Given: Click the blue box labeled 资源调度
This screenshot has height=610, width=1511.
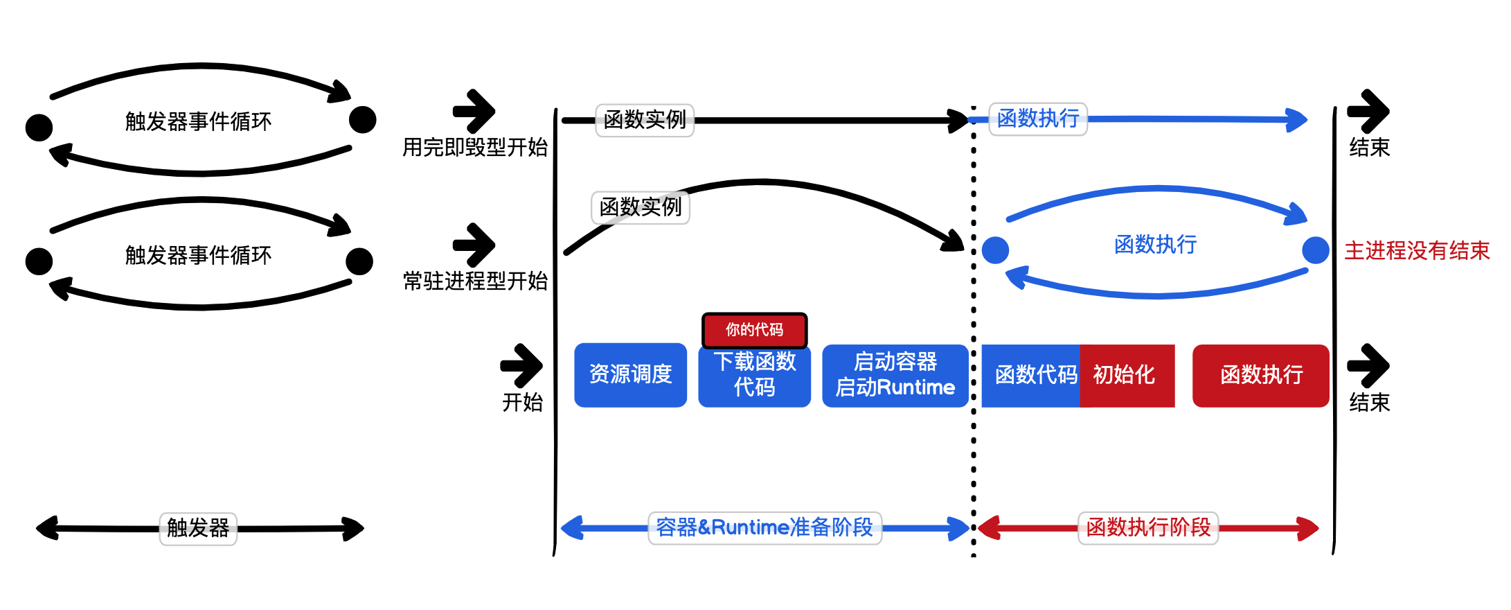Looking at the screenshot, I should coord(630,375).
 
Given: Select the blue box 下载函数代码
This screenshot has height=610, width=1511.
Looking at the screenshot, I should coord(754,375).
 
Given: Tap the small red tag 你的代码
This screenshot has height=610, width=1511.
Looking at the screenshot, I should coord(754,330).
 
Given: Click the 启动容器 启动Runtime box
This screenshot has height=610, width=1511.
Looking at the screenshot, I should coord(895,375).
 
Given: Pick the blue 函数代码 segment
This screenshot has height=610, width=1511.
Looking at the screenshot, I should coord(1031,375).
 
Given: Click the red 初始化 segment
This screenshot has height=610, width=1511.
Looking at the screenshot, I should coord(1127,375).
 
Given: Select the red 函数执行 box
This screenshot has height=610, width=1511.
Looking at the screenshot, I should coord(1260,375).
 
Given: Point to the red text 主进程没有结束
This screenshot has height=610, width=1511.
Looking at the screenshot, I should coord(1417,250).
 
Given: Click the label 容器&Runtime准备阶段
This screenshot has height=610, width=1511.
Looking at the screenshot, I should coord(765,528).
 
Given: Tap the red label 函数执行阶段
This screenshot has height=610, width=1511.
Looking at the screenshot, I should coord(1148,528).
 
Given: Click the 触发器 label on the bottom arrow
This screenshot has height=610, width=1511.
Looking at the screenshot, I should coord(198,528).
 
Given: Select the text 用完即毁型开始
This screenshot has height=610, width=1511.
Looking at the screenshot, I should coord(475,147).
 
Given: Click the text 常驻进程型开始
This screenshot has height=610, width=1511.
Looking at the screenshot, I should coord(475,281).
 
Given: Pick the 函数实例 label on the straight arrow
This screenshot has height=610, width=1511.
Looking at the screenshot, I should coord(645,120).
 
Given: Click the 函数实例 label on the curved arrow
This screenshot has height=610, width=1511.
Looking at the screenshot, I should coord(641,207).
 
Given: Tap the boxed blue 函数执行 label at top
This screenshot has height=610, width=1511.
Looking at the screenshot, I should coord(1038,119).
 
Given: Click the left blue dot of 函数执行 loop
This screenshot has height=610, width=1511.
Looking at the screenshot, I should coord(995,250).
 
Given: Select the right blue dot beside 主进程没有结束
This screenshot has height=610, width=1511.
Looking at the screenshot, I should coord(1315,250).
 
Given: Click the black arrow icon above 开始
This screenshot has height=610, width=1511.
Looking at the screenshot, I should coord(521,365).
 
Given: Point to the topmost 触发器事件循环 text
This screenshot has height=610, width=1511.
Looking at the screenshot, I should coord(198,121).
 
